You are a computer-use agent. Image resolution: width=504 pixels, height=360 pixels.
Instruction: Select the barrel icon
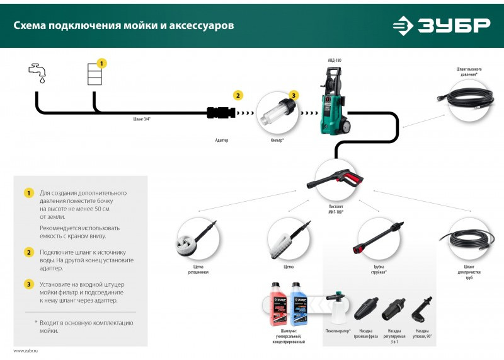93,75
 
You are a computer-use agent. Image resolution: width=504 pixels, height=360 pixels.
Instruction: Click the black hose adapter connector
220,113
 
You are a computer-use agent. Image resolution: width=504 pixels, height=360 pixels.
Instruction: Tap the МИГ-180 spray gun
333,179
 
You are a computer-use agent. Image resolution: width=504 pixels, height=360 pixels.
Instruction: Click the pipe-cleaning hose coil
467,243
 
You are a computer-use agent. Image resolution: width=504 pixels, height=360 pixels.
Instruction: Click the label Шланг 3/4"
142,119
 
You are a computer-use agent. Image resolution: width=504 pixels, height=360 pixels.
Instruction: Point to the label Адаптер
220,140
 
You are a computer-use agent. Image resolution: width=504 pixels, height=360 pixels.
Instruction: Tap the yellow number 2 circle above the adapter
238,96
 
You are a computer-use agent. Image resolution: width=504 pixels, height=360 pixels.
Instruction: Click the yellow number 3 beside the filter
293,96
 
